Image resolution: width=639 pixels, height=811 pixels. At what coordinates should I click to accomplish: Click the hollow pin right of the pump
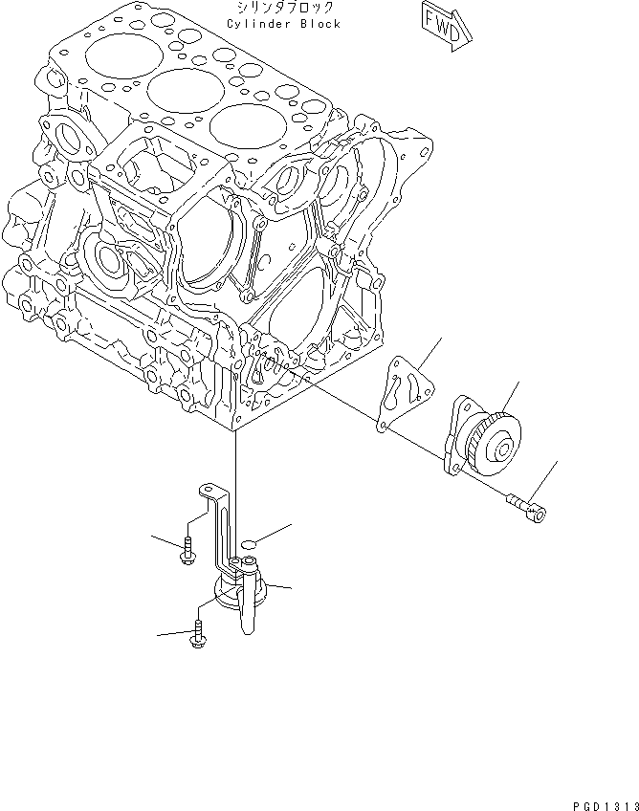(526, 507)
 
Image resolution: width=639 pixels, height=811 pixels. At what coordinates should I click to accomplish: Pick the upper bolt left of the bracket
(186, 551)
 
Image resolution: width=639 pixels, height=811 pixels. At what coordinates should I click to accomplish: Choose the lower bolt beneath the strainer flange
(198, 633)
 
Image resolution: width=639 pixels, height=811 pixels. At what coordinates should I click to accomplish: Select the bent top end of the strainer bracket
(208, 491)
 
